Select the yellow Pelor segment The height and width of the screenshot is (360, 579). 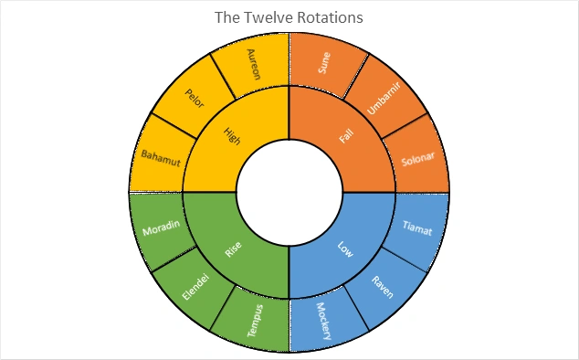click(x=195, y=98)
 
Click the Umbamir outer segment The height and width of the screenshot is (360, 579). click(x=384, y=99)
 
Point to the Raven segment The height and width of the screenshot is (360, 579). click(x=384, y=288)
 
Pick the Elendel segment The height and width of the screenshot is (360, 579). click(x=195, y=288)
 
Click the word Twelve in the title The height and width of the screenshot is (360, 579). click(x=261, y=16)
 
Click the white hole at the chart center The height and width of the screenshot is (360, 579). click(x=289, y=193)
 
